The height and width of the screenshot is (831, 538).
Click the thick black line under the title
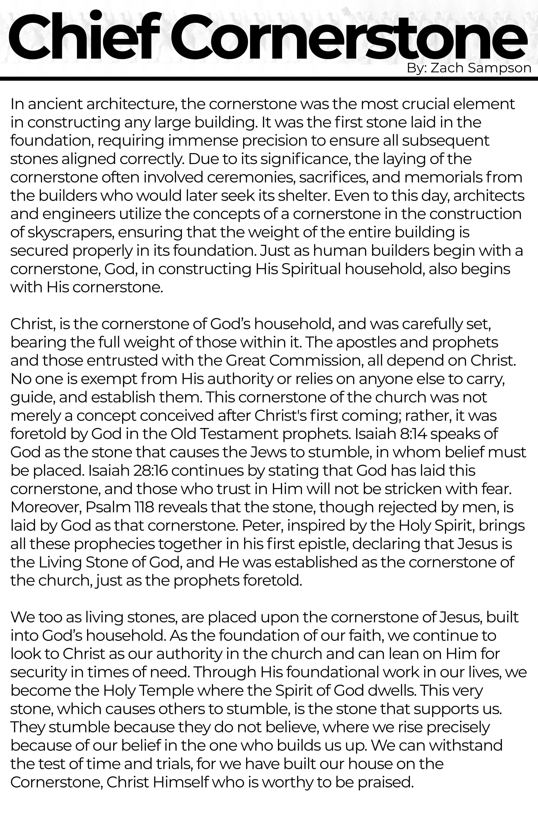pyautogui.click(x=269, y=79)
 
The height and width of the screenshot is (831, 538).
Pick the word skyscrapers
pyautogui.click(x=70, y=232)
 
